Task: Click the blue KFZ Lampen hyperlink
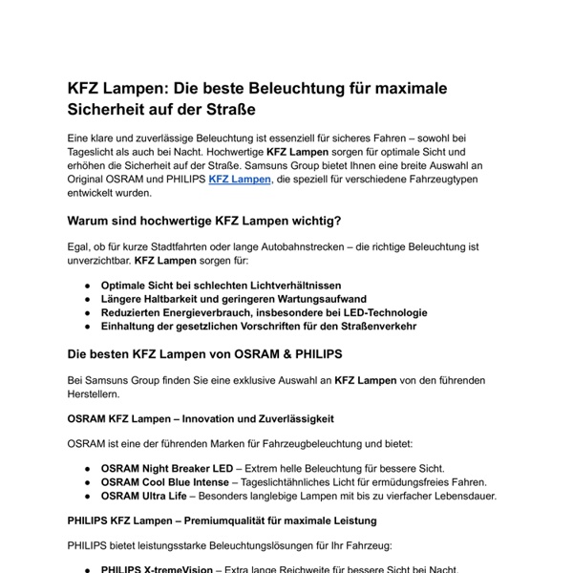240,178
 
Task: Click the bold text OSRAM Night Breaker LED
166,468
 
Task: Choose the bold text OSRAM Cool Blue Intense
165,481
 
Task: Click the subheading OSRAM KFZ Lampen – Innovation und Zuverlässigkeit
201,418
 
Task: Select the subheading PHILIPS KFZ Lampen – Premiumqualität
222,520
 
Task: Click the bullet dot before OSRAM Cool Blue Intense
88,482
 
